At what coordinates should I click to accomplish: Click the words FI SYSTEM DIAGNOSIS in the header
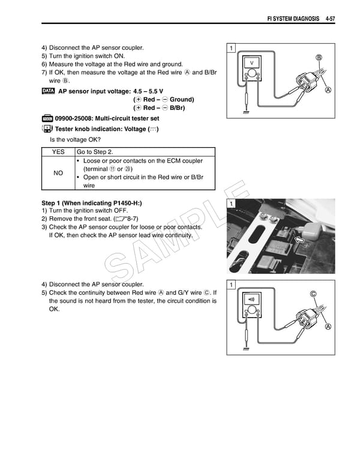[x=290, y=19]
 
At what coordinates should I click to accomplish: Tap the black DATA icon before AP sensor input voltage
[x=49, y=91]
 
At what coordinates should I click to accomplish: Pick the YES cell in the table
[x=58, y=153]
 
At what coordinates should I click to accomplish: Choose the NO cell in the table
[x=58, y=173]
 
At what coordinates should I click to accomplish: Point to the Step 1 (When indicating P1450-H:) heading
[x=92, y=203]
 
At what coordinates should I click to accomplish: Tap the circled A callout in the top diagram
[x=328, y=91]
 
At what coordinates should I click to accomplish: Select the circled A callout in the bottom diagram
[x=328, y=327]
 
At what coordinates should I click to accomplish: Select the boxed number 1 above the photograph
[x=231, y=205]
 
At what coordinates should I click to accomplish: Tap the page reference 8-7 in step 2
[x=129, y=219]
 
